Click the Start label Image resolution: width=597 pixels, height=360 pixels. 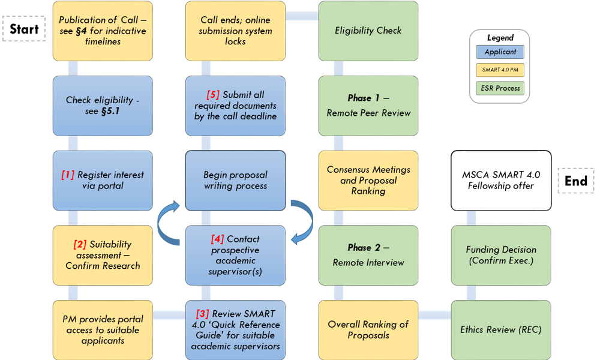click(x=24, y=29)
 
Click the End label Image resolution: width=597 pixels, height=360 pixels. click(x=576, y=181)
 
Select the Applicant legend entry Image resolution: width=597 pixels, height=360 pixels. click(x=500, y=52)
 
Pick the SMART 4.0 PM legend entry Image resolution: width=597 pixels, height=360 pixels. click(x=500, y=70)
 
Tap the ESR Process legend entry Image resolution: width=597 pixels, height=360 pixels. click(x=500, y=88)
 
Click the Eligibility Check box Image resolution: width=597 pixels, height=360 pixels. click(x=368, y=31)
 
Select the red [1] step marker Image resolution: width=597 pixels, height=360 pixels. click(x=68, y=175)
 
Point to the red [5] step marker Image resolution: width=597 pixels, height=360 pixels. click(x=213, y=94)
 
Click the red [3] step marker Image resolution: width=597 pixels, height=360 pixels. click(x=203, y=314)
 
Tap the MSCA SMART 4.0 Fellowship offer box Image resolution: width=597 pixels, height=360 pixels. click(x=501, y=181)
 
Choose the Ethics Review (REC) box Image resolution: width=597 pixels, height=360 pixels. click(x=501, y=330)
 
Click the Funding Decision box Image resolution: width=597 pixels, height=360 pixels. click(x=501, y=256)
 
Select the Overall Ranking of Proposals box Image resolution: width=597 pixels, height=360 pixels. click(x=368, y=330)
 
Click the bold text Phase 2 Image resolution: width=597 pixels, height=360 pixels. click(x=364, y=248)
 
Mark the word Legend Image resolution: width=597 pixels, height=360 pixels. click(x=500, y=38)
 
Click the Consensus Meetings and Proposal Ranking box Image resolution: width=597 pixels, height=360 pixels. click(x=368, y=181)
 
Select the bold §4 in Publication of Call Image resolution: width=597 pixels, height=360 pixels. click(x=81, y=31)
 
